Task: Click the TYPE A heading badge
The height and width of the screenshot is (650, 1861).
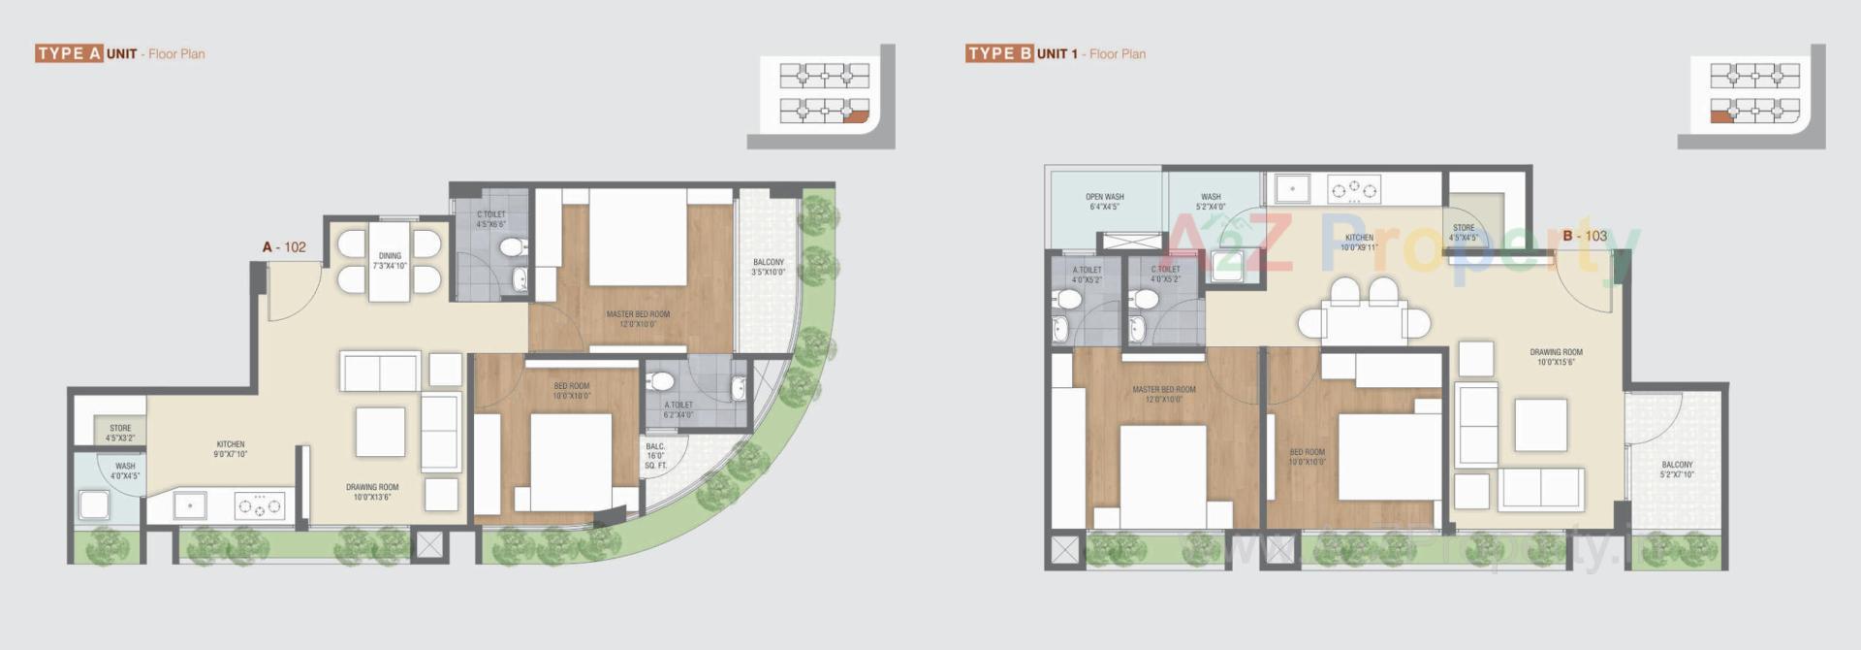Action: pos(69,53)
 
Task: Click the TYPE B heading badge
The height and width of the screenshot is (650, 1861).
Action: pos(999,53)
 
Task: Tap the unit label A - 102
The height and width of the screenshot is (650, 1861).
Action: pos(284,247)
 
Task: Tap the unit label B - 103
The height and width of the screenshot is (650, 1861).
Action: pos(1585,236)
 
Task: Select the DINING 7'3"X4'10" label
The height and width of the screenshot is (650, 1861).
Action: pos(390,261)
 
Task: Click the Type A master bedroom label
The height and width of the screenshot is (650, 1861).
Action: pos(638,319)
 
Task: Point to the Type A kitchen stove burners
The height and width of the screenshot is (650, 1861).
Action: pos(260,505)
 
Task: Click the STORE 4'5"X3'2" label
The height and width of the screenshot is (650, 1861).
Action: pos(120,433)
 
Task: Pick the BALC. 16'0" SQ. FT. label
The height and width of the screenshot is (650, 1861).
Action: pos(656,456)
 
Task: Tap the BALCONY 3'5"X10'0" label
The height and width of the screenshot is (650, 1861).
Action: pos(768,267)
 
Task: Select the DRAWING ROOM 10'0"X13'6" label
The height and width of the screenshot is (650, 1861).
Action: pos(372,492)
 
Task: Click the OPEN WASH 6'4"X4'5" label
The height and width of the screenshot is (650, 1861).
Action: pos(1105,201)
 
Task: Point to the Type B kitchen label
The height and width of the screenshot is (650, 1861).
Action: pos(1359,242)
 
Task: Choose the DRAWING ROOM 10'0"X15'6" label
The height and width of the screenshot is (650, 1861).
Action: pos(1556,357)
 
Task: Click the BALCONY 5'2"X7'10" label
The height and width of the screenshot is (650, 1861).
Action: pos(1677,470)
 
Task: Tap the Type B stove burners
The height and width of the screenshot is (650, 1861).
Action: pos(1354,189)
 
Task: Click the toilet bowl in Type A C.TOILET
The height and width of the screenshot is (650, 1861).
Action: pos(510,248)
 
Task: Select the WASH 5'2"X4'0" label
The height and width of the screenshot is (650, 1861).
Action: pos(1211,201)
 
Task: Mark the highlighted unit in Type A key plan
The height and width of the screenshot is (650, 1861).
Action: pos(854,117)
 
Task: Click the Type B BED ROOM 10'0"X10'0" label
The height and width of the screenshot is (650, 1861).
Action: pos(1307,457)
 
